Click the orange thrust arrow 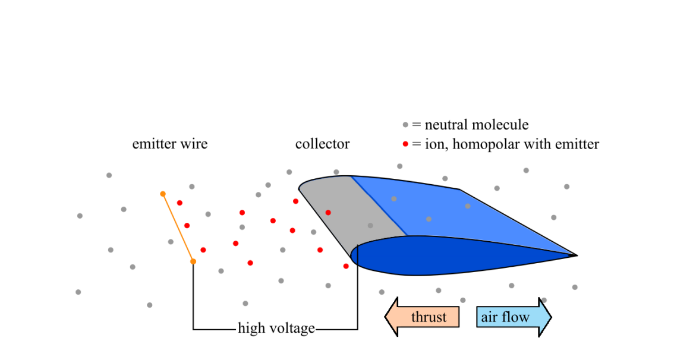[422, 317]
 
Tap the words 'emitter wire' [170, 144]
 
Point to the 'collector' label [322, 144]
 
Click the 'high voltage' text [276, 328]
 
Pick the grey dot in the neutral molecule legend [405, 125]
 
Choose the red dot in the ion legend [405, 144]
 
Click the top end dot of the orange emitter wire [163, 194]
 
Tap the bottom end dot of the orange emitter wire [193, 261]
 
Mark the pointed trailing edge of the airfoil [575, 255]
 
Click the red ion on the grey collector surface [328, 212]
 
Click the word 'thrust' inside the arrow [429, 317]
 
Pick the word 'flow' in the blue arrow [517, 317]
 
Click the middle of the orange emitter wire [178, 228]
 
